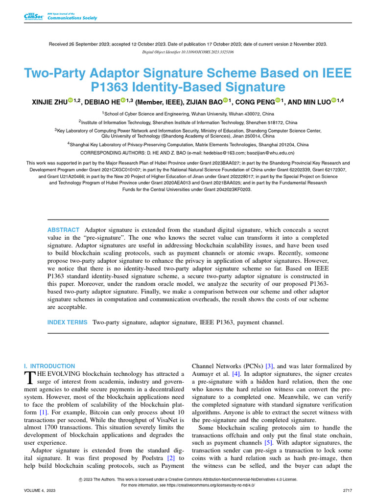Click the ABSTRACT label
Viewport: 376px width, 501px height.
63,230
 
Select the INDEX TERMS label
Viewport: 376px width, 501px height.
67,322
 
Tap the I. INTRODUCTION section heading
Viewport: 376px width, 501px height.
49,366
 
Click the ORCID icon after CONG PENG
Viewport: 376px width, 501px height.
278,101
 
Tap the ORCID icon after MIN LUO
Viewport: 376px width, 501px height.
335,101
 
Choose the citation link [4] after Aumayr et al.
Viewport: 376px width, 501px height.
236,374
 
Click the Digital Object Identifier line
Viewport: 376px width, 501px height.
188,51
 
